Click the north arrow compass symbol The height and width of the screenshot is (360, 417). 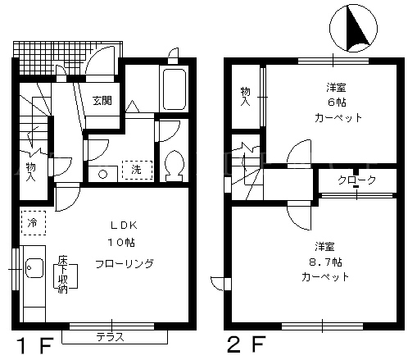pos(353,29)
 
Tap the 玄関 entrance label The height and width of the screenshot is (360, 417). pos(102,101)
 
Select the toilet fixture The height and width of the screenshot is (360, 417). pos(175,166)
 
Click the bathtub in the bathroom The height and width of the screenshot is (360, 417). pos(175,89)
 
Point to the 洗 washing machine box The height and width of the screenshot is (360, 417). pos(137,170)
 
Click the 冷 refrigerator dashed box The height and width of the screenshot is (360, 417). pos(34,223)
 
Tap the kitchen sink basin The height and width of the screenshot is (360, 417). pos(34,268)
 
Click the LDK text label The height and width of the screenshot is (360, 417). pos(124,226)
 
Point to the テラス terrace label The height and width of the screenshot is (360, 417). pos(111,337)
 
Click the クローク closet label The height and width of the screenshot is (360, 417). pos(357,180)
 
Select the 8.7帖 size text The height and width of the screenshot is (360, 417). pos(325,262)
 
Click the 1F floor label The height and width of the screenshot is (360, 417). pos(34,345)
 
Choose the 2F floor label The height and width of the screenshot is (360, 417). pos(247,344)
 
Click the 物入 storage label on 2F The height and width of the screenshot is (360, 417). pos(245,97)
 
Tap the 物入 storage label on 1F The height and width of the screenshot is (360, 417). pos(31,172)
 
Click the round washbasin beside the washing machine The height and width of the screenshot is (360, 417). pos(102,174)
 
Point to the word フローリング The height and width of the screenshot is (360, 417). pos(125,264)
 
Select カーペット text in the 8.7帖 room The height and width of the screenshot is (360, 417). pos(325,277)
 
